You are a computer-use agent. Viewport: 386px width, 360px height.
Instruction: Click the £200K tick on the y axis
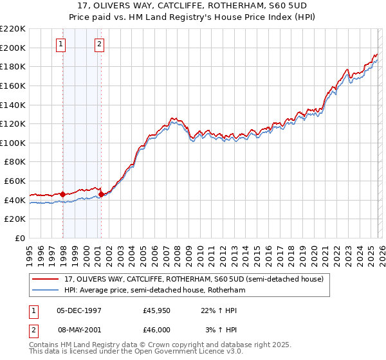[x=13, y=48]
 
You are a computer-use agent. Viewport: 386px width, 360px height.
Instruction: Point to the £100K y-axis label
[x=13, y=143]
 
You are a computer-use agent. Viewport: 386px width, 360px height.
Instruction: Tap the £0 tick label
[x=20, y=238]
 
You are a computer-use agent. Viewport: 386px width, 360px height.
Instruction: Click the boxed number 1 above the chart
[x=60, y=44]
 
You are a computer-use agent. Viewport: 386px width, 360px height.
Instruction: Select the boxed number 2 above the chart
[x=100, y=44]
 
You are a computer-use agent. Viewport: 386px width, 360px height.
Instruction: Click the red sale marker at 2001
[x=101, y=194]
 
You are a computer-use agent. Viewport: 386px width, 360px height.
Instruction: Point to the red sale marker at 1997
[x=62, y=194]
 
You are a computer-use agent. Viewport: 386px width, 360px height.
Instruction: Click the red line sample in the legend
[x=46, y=279]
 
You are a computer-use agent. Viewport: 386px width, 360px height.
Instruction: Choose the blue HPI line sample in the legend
[x=46, y=290]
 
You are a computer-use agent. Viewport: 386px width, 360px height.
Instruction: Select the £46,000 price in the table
[x=156, y=329]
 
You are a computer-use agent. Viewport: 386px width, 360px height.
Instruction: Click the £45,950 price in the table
[x=156, y=311]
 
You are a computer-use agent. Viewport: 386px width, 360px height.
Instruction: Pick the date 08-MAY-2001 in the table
[x=80, y=329]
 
